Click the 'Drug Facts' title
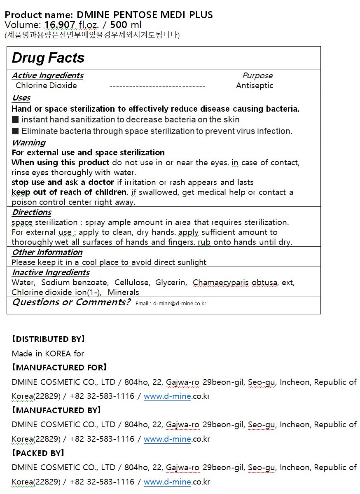pyautogui.click(x=48, y=58)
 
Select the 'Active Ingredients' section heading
pyautogui.click(x=47, y=75)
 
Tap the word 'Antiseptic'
pyautogui.click(x=255, y=86)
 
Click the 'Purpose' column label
pyautogui.click(x=257, y=75)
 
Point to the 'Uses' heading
pyautogui.click(x=21, y=98)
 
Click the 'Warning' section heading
pyautogui.click(x=28, y=143)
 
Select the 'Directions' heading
pyautogui.click(x=32, y=212)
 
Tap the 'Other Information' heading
pyautogui.click(x=47, y=252)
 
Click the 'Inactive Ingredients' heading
pyautogui.click(x=51, y=272)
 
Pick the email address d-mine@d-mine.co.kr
pyautogui.click(x=180, y=304)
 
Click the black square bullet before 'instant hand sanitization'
pyautogui.click(x=15, y=119)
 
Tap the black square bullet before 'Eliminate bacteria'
pyautogui.click(x=15, y=131)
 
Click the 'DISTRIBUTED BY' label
pyautogui.click(x=48, y=339)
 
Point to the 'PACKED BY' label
pyautogui.click(x=38, y=453)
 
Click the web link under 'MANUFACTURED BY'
pyautogui.click(x=167, y=439)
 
